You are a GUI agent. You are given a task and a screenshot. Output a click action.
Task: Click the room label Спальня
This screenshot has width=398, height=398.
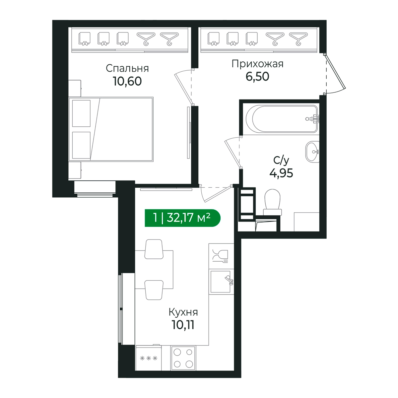point(127,69)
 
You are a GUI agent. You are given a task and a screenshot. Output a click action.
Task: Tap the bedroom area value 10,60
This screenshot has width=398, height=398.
point(127,81)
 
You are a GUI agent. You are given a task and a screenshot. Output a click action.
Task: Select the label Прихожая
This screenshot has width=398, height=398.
point(257,64)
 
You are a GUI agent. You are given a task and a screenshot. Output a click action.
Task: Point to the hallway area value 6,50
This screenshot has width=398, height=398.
point(257,76)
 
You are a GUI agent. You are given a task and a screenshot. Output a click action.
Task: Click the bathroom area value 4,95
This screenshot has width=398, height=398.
point(281,173)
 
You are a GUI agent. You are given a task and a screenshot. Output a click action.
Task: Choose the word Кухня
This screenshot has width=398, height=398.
point(183,312)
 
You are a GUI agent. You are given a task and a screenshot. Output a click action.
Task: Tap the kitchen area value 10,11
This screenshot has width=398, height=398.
point(183,325)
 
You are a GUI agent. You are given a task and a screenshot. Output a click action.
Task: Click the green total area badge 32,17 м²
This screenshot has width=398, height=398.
point(182,218)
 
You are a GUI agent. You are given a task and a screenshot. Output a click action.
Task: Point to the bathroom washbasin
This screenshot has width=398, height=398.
point(312,152)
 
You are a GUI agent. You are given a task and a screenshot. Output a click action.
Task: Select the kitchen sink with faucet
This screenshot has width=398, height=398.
point(222,282)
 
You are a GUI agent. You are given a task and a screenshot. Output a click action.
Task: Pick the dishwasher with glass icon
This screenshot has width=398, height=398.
point(222,256)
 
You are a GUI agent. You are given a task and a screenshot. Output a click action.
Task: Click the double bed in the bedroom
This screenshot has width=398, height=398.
point(111,129)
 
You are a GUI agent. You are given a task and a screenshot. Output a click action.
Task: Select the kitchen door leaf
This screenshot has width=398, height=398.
point(217,194)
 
